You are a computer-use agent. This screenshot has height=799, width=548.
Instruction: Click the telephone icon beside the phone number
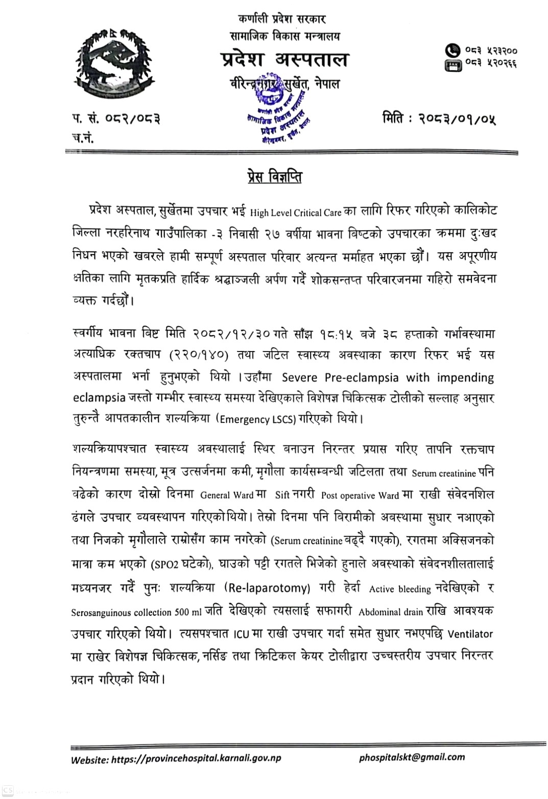pos(452,51)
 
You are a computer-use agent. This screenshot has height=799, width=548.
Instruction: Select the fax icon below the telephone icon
pos(452,65)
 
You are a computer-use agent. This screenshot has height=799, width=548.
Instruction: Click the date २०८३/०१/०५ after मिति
pos(457,119)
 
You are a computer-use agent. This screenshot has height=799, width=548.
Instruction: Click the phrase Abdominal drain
pos(391,612)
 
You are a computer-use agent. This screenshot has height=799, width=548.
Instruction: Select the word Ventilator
pos(470,634)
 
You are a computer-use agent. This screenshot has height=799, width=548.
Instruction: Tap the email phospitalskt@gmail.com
pos(412,757)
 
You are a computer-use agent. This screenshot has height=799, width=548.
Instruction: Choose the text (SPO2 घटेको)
pos(181,564)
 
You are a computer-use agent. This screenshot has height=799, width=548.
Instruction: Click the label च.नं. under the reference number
pos(83,137)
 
